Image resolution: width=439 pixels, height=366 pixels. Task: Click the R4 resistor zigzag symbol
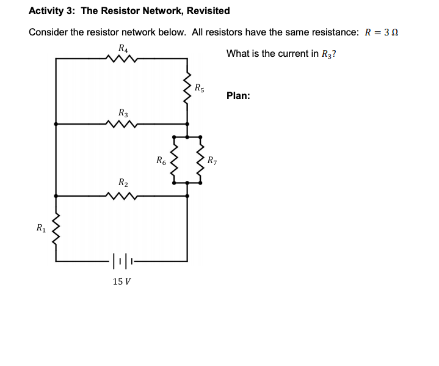click(122, 59)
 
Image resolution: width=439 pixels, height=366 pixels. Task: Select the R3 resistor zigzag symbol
click(122, 124)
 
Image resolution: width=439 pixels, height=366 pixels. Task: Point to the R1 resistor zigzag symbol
click(56, 230)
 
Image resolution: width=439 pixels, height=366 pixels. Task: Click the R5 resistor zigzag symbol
click(187, 90)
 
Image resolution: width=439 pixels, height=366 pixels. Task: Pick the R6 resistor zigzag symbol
click(174, 163)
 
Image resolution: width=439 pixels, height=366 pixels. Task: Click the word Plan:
click(238, 96)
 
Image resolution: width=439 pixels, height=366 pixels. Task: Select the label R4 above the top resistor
click(123, 48)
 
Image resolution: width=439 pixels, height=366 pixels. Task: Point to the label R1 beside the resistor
click(41, 229)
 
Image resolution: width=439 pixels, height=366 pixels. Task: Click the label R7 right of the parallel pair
click(212, 162)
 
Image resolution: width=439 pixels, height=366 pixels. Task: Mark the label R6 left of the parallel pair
click(161, 162)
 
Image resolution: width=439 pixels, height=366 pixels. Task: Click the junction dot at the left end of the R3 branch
click(56, 124)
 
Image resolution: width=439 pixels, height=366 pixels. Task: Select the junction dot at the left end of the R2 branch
click(56, 196)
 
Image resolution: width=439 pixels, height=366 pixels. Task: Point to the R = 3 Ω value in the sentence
click(381, 32)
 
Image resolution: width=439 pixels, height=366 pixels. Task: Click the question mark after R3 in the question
click(333, 54)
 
